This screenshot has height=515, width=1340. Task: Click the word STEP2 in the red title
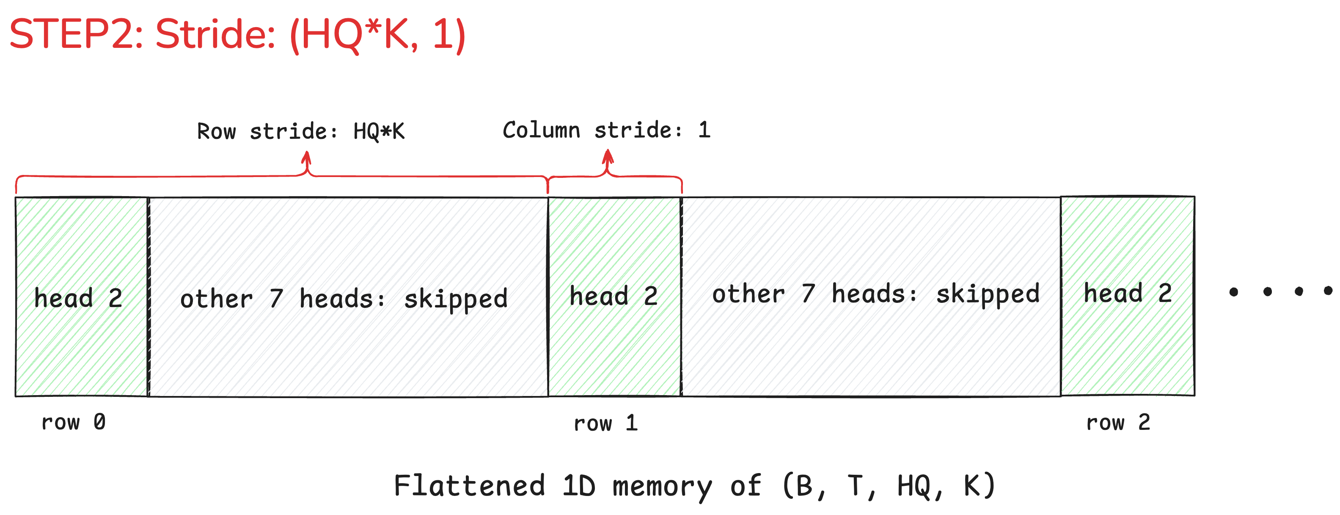[x=75, y=34]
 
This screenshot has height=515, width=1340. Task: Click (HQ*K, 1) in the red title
[x=377, y=34]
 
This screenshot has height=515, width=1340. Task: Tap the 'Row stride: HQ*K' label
[x=301, y=131]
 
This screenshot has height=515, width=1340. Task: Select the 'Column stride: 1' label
[x=606, y=130]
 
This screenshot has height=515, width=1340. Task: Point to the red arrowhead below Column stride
[x=608, y=156]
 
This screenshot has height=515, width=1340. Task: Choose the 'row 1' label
[x=605, y=423]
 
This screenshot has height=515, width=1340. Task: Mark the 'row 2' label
[x=1118, y=422]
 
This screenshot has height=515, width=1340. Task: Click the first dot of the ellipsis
[x=1233, y=292]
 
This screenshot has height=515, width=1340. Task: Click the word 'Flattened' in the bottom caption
[x=469, y=485]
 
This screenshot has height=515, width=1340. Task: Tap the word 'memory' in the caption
[x=662, y=486]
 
